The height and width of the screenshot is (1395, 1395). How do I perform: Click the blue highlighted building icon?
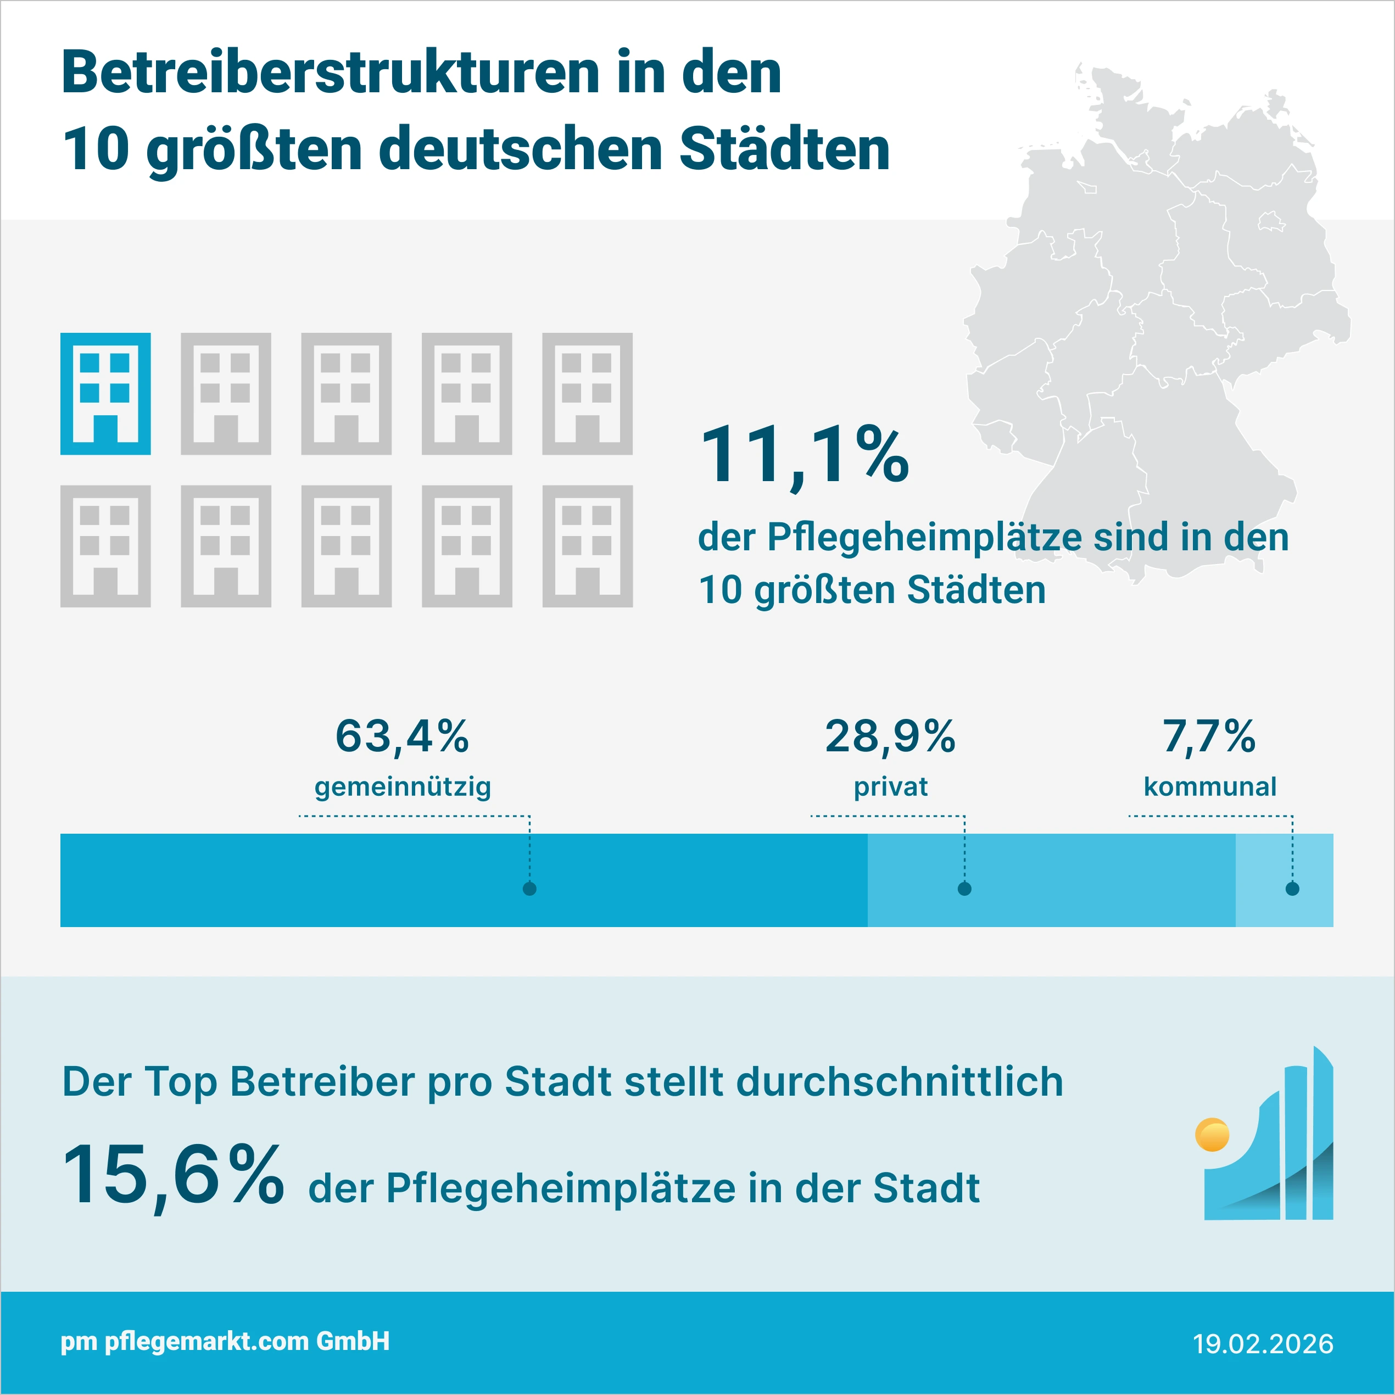click(x=105, y=394)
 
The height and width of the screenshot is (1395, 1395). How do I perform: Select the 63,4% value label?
click(x=402, y=736)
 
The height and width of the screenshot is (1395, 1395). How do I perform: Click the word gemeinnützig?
click(x=402, y=786)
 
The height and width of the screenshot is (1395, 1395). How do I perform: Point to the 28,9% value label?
click(x=890, y=736)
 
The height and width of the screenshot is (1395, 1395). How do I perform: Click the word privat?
click(x=890, y=786)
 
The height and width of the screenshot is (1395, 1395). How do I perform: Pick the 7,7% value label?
click(x=1209, y=736)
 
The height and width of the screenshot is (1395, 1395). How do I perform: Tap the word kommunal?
click(x=1209, y=786)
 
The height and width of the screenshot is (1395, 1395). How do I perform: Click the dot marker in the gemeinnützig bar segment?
click(x=529, y=889)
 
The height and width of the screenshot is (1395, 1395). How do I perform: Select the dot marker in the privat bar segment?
click(x=964, y=889)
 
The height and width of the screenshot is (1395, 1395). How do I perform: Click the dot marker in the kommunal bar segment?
click(x=1292, y=889)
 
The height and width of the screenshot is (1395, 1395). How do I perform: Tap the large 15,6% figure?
click(x=174, y=1175)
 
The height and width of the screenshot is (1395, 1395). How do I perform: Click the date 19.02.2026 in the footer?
click(x=1263, y=1344)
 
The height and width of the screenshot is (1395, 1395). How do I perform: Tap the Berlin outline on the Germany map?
click(x=1271, y=222)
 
